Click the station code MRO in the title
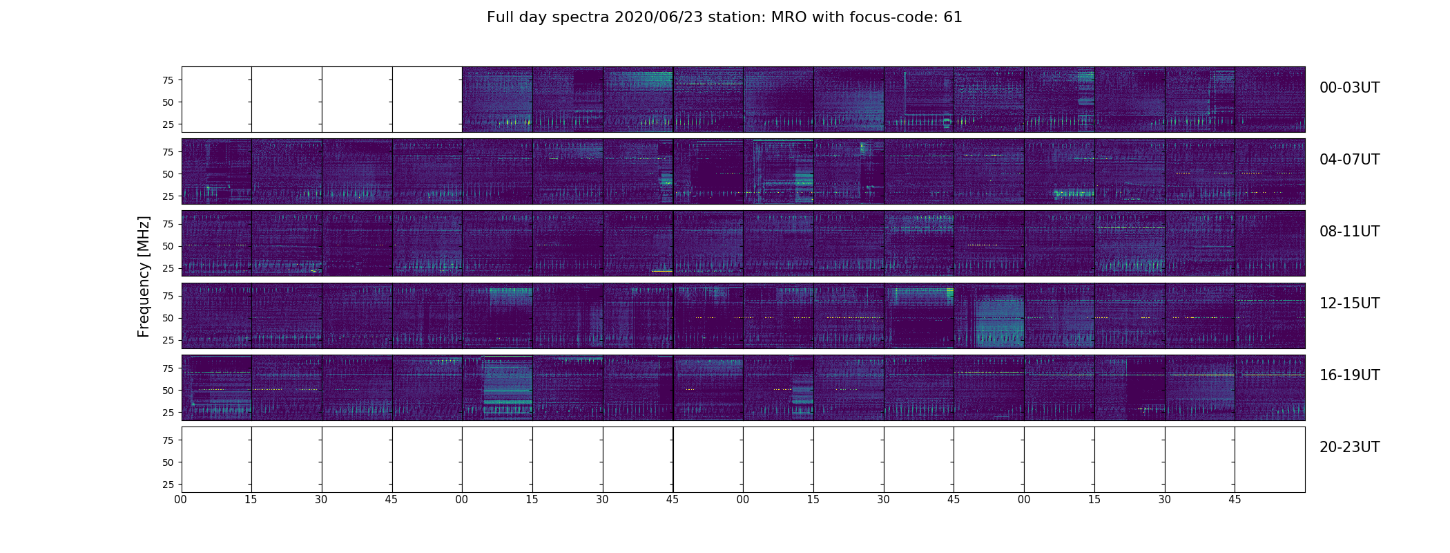pyautogui.click(x=786, y=17)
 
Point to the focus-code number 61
pyautogui.click(x=953, y=17)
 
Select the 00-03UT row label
pyautogui.click(x=1349, y=88)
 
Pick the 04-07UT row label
pyautogui.click(x=1349, y=160)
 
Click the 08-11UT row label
pyautogui.click(x=1349, y=232)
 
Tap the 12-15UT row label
pyautogui.click(x=1349, y=303)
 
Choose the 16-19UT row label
pyautogui.click(x=1349, y=375)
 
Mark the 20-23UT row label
pyautogui.click(x=1349, y=447)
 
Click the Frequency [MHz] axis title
pyautogui.click(x=144, y=276)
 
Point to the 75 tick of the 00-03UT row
pyautogui.click(x=168, y=80)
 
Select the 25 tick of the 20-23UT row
pyautogui.click(x=168, y=485)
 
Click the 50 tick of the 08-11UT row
pyautogui.click(x=168, y=246)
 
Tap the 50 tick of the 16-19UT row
pyautogui.click(x=168, y=391)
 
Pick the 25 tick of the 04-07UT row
pyautogui.click(x=168, y=197)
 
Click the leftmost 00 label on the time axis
pyautogui.click(x=181, y=500)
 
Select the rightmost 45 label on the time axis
pyautogui.click(x=1235, y=500)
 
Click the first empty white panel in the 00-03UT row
pyautogui.click(x=216, y=99)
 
